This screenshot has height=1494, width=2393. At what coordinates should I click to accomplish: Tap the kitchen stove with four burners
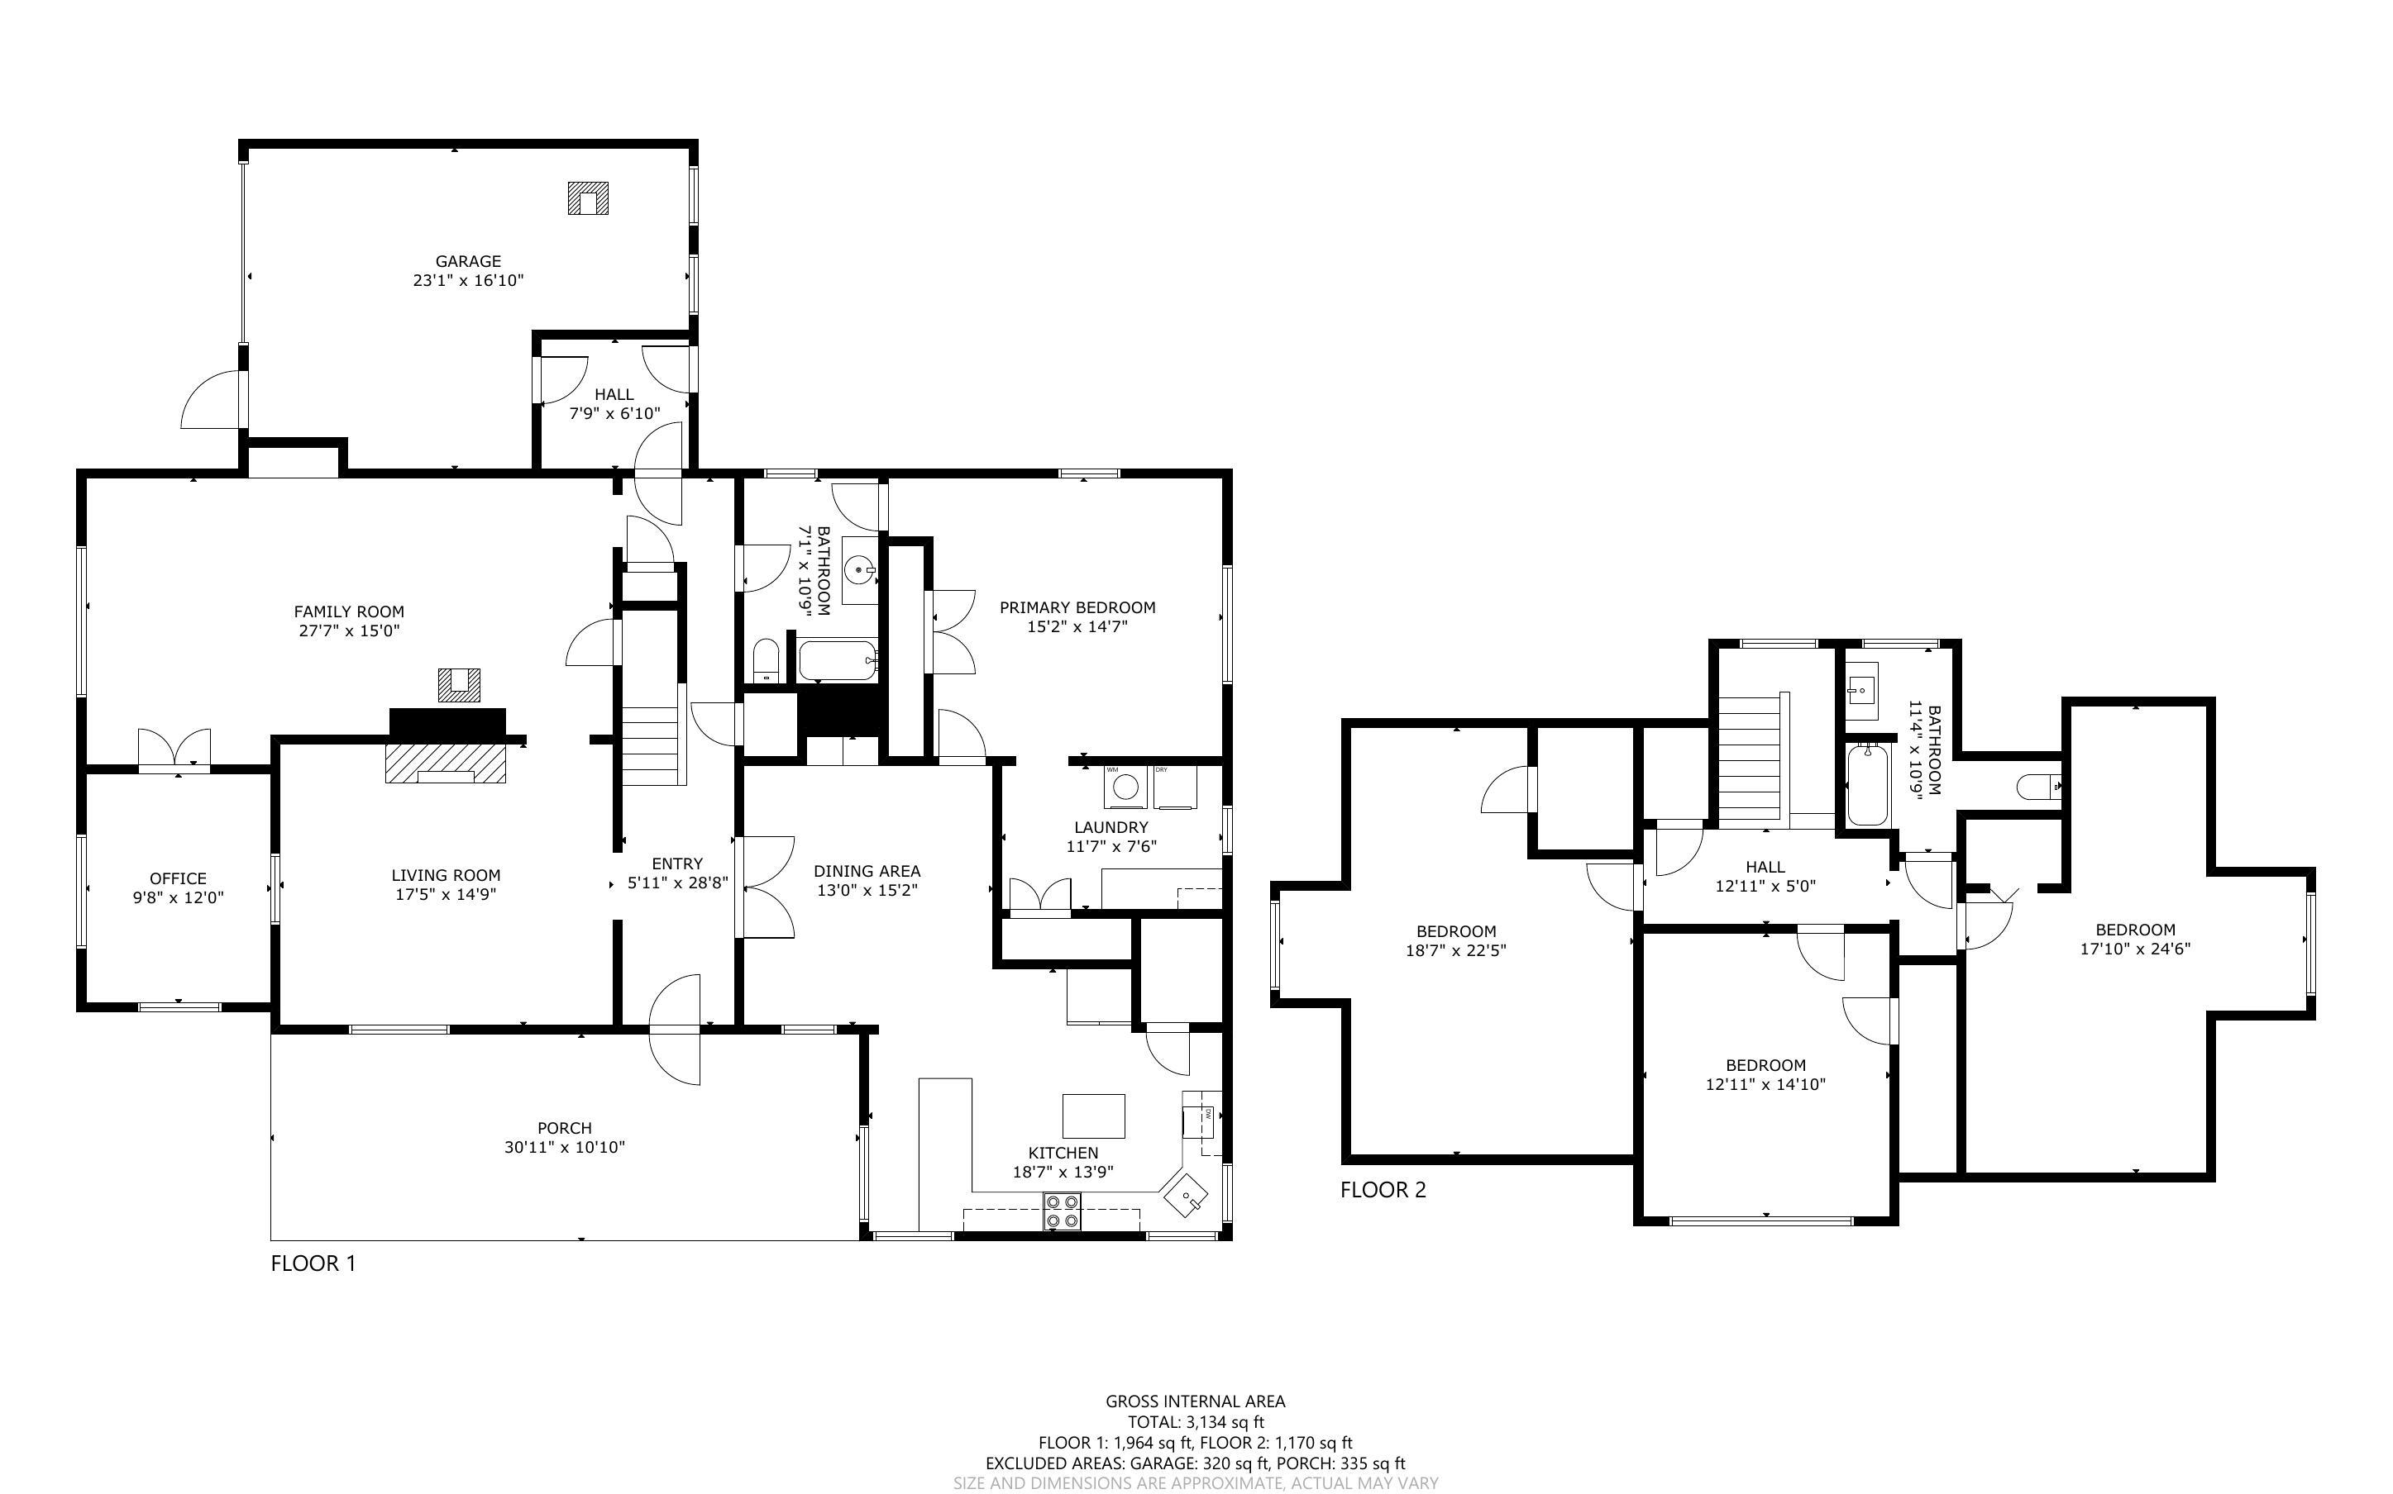click(x=1062, y=1211)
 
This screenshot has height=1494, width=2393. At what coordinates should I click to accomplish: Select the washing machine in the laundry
click(x=1124, y=787)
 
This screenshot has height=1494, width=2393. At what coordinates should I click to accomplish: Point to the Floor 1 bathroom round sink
click(x=859, y=570)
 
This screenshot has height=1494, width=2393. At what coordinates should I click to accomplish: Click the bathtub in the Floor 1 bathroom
click(x=837, y=661)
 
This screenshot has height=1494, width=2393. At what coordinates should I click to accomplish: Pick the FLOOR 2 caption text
click(x=1383, y=1190)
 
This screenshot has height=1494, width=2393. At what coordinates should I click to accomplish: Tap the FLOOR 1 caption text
click(x=313, y=1263)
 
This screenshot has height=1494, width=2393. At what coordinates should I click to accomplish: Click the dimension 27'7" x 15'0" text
click(x=349, y=630)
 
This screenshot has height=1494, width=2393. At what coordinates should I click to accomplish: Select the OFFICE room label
click(x=178, y=878)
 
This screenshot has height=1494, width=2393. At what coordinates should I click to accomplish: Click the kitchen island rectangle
click(x=1093, y=1116)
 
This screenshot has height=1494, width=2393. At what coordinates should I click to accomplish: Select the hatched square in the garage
click(x=587, y=197)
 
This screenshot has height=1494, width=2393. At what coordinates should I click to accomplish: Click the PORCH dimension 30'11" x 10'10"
click(x=565, y=1147)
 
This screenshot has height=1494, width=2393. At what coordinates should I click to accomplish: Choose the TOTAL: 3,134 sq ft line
click(x=1195, y=1423)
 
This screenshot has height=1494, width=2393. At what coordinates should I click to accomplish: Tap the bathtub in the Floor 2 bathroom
click(x=1867, y=786)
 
